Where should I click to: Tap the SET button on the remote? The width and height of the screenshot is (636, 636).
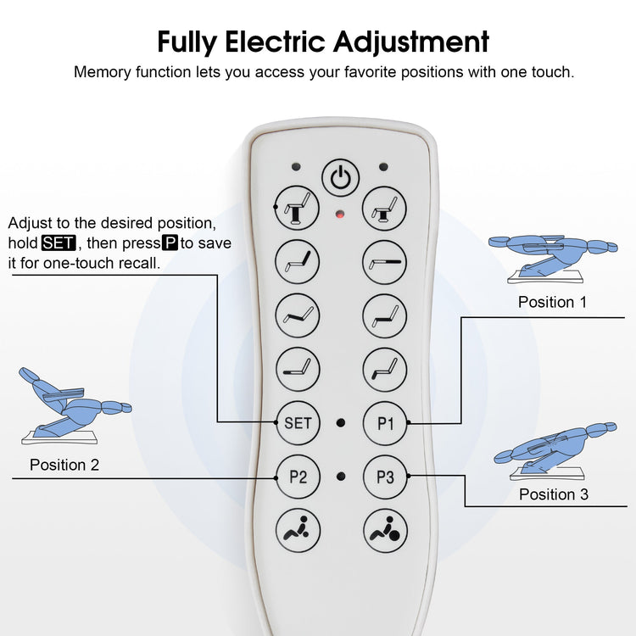(x=298, y=422)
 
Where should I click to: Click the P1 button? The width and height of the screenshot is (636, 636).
(x=385, y=422)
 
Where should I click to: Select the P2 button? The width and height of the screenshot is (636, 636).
(x=298, y=477)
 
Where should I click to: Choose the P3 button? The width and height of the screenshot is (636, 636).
(x=385, y=477)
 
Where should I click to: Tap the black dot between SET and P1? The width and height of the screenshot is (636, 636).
(x=341, y=422)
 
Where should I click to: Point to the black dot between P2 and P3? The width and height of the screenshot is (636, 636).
(x=341, y=477)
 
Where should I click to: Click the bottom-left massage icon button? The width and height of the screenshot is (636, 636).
(x=298, y=531)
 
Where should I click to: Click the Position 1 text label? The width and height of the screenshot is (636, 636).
(x=552, y=302)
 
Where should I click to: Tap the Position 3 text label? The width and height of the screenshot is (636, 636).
(x=554, y=494)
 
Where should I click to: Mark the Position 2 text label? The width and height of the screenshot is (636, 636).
(x=64, y=465)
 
